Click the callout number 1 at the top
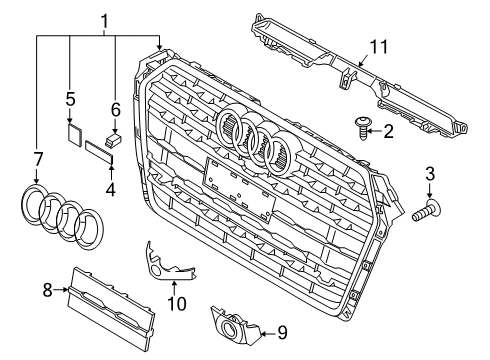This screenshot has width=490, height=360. coord(105,22)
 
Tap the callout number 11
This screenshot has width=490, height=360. coord(379,47)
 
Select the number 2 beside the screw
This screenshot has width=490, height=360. coord(388,132)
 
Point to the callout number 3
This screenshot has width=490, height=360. coord(430,174)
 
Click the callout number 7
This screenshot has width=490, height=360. coord(38,160)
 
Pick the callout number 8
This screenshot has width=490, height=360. coord(48,290)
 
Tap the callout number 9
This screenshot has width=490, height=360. coord(282,333)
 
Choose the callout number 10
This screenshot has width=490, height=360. coord(177,303)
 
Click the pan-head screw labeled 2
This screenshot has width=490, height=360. coord(361,128)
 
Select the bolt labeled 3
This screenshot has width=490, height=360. coord(426,212)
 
